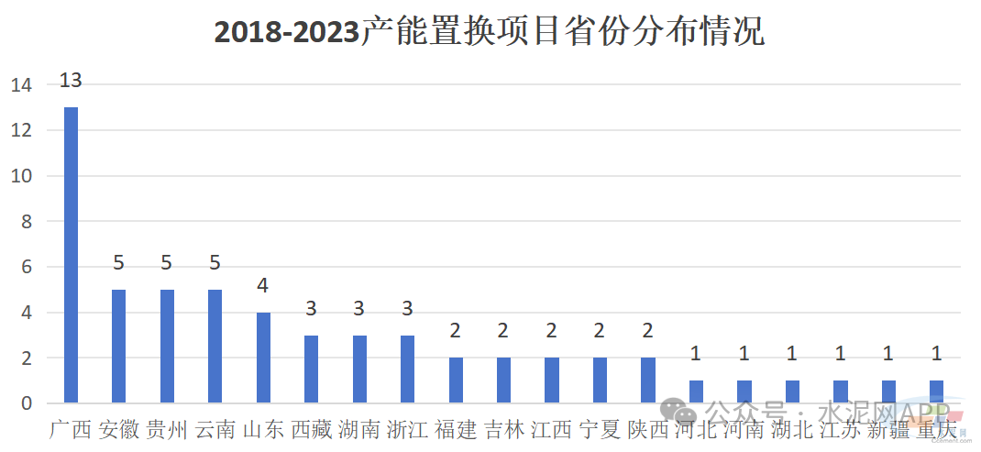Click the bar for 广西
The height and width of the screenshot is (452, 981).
click(x=71, y=255)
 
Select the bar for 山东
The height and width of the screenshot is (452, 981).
click(x=263, y=358)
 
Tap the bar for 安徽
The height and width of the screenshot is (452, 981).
click(x=118, y=347)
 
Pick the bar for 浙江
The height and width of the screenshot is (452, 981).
click(x=407, y=369)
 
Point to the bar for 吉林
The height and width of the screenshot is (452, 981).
click(x=503, y=380)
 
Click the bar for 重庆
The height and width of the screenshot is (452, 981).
click(x=936, y=391)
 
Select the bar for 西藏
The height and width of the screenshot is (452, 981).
click(x=311, y=369)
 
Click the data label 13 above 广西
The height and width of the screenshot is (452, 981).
click(x=71, y=81)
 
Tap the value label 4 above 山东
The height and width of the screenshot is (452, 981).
click(x=263, y=286)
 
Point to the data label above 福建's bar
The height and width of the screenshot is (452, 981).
click(x=456, y=331)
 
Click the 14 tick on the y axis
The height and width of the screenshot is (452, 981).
click(x=21, y=85)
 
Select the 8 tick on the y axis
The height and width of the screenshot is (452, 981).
click(x=26, y=222)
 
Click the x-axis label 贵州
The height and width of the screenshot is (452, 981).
click(x=167, y=429)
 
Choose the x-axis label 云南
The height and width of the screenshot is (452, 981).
click(x=215, y=429)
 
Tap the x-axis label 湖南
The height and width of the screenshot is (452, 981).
click(x=359, y=429)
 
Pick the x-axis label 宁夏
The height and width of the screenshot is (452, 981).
click(x=600, y=429)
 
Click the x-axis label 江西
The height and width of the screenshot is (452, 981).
click(x=552, y=429)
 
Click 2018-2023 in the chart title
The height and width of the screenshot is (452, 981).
click(x=286, y=32)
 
